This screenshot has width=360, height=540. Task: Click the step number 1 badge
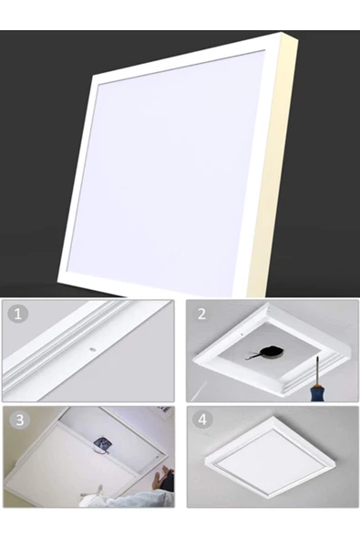(x=18, y=314)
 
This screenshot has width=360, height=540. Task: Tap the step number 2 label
(x=201, y=314)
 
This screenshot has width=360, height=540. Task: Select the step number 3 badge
(x=20, y=421)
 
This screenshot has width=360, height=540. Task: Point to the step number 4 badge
(x=202, y=420)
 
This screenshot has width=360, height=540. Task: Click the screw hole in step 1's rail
(x=92, y=349)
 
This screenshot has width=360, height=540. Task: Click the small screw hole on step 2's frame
(x=242, y=334)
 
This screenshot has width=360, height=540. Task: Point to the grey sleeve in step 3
(x=138, y=499)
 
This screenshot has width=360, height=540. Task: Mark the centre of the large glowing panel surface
(x=165, y=169)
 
